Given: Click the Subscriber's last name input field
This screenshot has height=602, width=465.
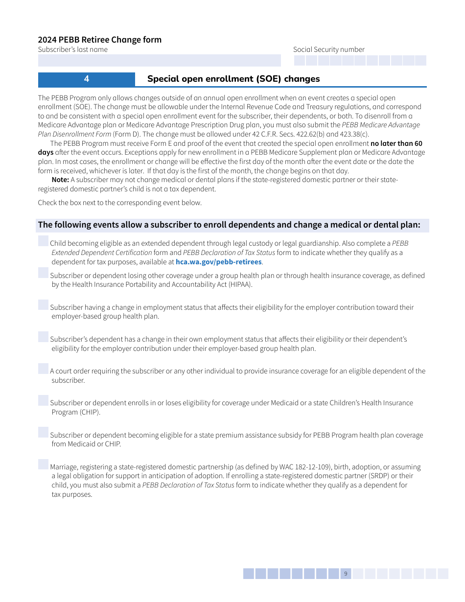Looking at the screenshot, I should coord(159,61).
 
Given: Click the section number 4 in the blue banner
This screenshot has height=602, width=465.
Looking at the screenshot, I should coord(87,79).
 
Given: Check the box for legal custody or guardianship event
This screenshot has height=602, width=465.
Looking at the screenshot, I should coord(44,241).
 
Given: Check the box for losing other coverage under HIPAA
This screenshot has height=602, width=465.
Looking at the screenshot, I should coord(44,273).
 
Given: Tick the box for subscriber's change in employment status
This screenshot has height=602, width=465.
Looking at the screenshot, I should coord(44,305).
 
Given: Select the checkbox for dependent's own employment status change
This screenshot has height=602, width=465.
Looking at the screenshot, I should coord(44,337).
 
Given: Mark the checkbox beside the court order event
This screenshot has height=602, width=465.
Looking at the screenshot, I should coord(44,369).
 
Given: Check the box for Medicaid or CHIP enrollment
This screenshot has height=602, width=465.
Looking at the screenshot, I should coord(44,400).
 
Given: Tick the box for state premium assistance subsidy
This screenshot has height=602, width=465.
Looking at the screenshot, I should coord(44,432).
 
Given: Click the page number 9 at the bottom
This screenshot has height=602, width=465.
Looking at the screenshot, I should coord(346,574).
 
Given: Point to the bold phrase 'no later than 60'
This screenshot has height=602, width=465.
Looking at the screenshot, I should coord(396,143).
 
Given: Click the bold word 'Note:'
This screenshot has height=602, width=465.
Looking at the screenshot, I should coord(60,180).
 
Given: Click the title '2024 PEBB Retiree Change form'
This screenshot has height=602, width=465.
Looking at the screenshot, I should coord(100,40).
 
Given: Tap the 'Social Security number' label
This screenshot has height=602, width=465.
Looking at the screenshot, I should coord(329,49).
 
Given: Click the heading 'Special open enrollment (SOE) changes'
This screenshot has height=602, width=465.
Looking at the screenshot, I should coord(233,79).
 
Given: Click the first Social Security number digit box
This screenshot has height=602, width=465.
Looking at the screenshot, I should coord(300,61).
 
